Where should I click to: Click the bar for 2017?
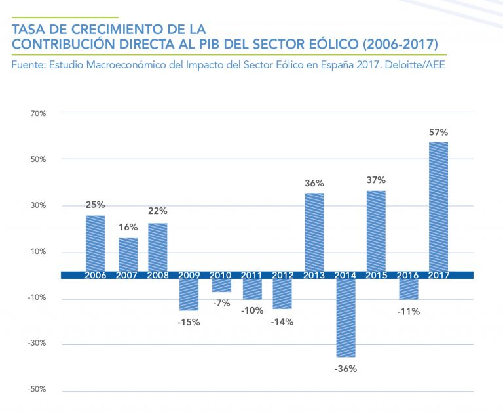click(x=438, y=206)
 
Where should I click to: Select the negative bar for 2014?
click(x=345, y=318)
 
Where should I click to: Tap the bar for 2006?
click(x=95, y=243)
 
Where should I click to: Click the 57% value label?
click(x=438, y=133)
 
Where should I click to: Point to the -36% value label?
click(x=345, y=369)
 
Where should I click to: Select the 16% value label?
click(x=128, y=228)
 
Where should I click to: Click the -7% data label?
click(x=222, y=303)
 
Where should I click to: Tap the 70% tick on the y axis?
click(x=38, y=113)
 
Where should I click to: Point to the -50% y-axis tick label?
click(x=37, y=390)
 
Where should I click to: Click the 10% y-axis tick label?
click(x=38, y=252)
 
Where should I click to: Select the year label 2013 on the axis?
click(x=314, y=275)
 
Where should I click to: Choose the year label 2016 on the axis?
click(x=407, y=275)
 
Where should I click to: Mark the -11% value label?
click(x=408, y=312)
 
